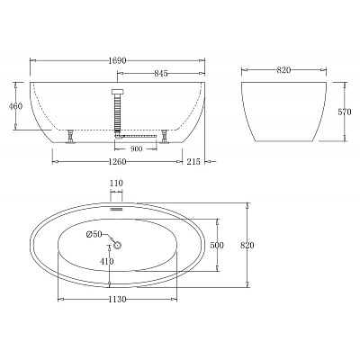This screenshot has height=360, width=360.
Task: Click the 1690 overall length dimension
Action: point(119,61)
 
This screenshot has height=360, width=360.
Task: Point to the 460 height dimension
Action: point(15,107)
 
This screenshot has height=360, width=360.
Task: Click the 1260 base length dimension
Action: point(120,164)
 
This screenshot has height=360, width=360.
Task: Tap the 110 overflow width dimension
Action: point(116,184)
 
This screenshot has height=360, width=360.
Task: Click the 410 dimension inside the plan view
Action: point(107,262)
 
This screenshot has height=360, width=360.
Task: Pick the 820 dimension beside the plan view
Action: point(259,245)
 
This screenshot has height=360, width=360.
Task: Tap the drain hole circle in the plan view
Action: point(117,244)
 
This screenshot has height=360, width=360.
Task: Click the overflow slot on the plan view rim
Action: point(116,204)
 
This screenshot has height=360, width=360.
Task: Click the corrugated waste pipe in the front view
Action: point(116,112)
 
